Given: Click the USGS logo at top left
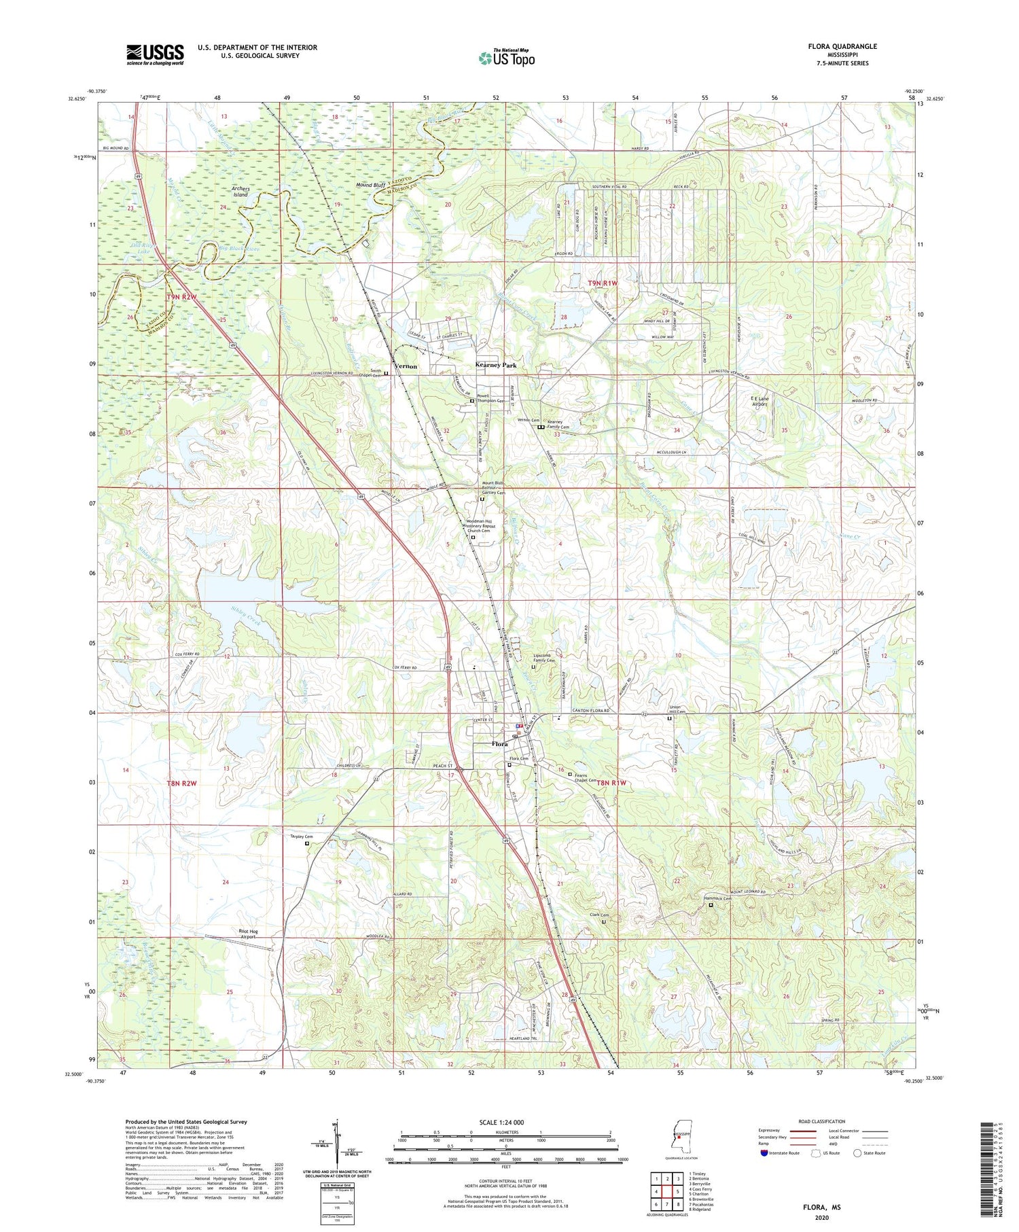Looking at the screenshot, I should point(155,54).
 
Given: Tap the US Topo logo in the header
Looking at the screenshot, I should point(507,58).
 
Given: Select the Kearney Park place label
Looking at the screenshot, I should point(496,365).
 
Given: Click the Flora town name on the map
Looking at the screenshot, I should point(499,744).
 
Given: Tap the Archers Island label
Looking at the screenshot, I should point(240,192).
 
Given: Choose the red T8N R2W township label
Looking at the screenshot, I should point(181,784).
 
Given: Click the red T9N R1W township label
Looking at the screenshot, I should point(603,283).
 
